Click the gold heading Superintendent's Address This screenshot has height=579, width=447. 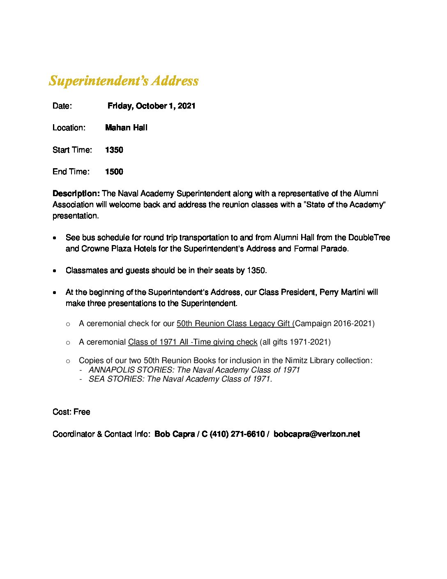(124, 81)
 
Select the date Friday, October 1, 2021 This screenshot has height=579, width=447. (151, 106)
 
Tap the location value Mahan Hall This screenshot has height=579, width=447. (126, 128)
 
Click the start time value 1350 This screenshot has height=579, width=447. (114, 150)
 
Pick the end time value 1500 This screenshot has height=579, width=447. (114, 172)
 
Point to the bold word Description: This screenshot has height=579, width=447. (76, 194)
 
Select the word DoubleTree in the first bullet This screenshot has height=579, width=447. (369, 238)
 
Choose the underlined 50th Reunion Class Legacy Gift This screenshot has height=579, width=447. (235, 324)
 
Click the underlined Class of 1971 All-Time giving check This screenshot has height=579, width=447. (192, 342)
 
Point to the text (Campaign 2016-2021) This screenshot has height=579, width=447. (334, 324)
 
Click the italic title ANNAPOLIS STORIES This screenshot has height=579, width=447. (131, 370)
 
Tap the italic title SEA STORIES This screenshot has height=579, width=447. (116, 379)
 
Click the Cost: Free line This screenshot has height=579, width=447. (71, 412)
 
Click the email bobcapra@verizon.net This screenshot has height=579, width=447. (316, 434)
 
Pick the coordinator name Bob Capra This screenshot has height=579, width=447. (174, 434)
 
